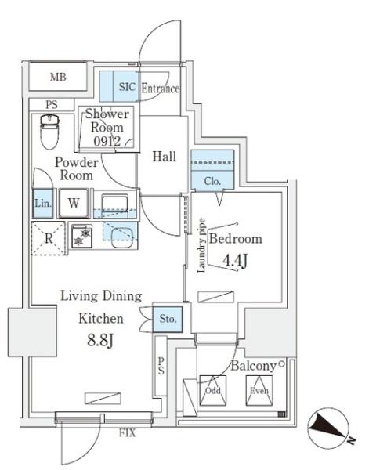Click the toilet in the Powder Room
[x=50, y=132]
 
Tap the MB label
[x=58, y=77]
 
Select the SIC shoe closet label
[x=127, y=87]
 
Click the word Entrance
[x=160, y=88]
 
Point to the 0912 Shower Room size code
[x=107, y=141]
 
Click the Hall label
[x=164, y=157]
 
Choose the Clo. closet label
[x=212, y=181]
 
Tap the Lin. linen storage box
[x=43, y=203]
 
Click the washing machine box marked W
[x=74, y=203]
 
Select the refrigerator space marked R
[x=49, y=238]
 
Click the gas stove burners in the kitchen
[x=81, y=237]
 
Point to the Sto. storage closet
[x=168, y=319]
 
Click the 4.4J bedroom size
[x=235, y=261]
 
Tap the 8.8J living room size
[x=100, y=341]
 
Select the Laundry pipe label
[x=201, y=245]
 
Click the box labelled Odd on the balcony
[x=213, y=390]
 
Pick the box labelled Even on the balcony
[x=259, y=390]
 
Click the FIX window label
[x=128, y=433]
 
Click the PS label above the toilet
[x=52, y=105]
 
